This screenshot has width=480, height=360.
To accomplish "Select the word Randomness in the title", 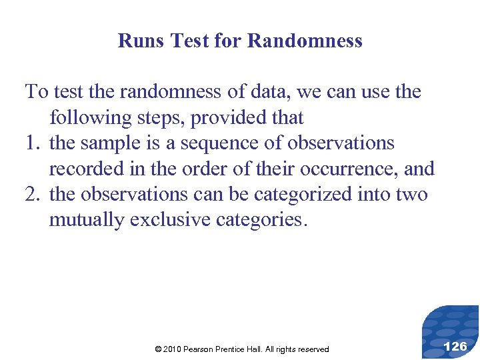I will pyautogui.click(x=305, y=41).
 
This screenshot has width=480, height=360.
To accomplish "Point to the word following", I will pyautogui.click(x=91, y=118).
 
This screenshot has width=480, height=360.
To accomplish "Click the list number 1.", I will pyautogui.click(x=31, y=143).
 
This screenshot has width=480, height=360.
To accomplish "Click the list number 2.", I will pyautogui.click(x=31, y=195).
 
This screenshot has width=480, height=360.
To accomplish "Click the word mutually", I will pyautogui.click(x=87, y=220).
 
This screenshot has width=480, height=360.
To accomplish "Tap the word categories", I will pyautogui.click(x=262, y=220).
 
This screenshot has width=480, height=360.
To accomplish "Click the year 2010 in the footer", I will pyautogui.click(x=172, y=349).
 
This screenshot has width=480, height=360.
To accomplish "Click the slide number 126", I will pyautogui.click(x=455, y=345).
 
